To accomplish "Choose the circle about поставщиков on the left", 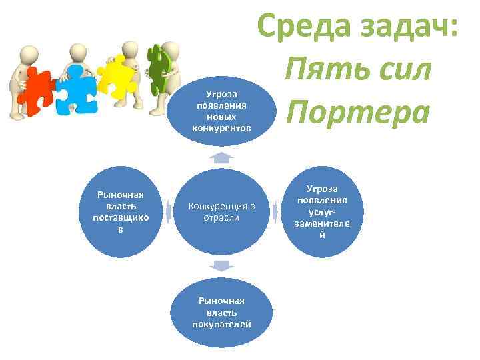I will [x=121, y=212].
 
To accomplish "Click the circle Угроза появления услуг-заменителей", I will [x=322, y=212].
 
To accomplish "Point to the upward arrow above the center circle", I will [x=221, y=157].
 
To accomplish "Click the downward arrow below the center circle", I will [x=221, y=266].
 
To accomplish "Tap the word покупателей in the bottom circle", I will [x=221, y=324].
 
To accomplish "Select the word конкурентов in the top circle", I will [x=221, y=127].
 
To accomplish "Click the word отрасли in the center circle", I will [x=221, y=218].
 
